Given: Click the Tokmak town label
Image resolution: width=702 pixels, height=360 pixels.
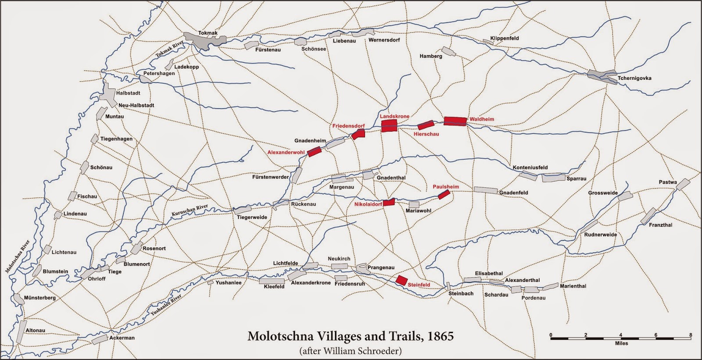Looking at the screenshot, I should point(208,33).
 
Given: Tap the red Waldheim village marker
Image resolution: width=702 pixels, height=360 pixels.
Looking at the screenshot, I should point(455,121).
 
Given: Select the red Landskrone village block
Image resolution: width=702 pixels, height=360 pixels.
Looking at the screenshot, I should point(389,126).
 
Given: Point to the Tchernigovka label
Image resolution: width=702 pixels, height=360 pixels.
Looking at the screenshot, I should point(634,78).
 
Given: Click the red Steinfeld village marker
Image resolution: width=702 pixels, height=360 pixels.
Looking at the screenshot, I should point(401,281).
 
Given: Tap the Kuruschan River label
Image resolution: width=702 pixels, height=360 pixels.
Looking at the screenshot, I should point(190,211).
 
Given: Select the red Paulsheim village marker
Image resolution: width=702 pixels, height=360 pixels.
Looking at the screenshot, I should point(444,195).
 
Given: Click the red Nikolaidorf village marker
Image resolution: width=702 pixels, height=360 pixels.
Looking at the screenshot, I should point(389,203).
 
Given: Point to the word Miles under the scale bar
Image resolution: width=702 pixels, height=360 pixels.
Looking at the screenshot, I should point(621,343).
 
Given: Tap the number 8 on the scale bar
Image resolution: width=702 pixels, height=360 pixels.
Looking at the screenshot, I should point(691,335).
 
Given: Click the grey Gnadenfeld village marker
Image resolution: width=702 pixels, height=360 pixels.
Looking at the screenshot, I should point(486,190).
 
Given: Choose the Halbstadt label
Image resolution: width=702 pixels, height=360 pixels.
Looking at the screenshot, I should point(128,93).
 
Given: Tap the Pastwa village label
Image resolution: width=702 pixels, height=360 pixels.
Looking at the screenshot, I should point(668,182).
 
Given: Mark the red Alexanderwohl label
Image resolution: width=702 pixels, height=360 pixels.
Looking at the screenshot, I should point(286,153).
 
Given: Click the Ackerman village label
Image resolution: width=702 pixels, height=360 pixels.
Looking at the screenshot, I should point(122,338).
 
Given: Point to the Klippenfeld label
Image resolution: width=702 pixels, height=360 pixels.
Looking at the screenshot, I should point(505,39).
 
